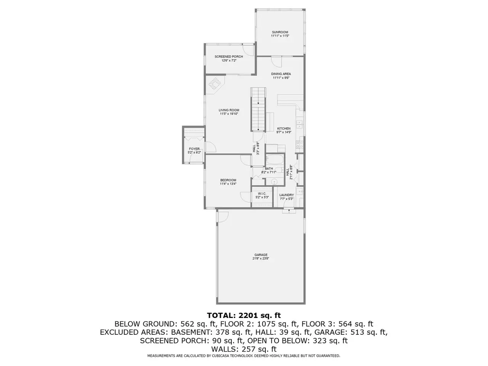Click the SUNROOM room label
280,32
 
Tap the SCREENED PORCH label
228,57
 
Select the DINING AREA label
281,74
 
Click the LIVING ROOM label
229,110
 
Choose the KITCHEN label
284,128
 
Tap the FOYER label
194,149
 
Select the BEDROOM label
228,180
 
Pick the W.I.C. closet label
262,194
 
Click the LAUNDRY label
286,195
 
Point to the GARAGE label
261,255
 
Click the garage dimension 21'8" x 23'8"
261,258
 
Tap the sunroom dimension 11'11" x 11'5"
280,36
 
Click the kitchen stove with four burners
299,144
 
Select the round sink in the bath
275,182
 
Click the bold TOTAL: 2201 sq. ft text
244,316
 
